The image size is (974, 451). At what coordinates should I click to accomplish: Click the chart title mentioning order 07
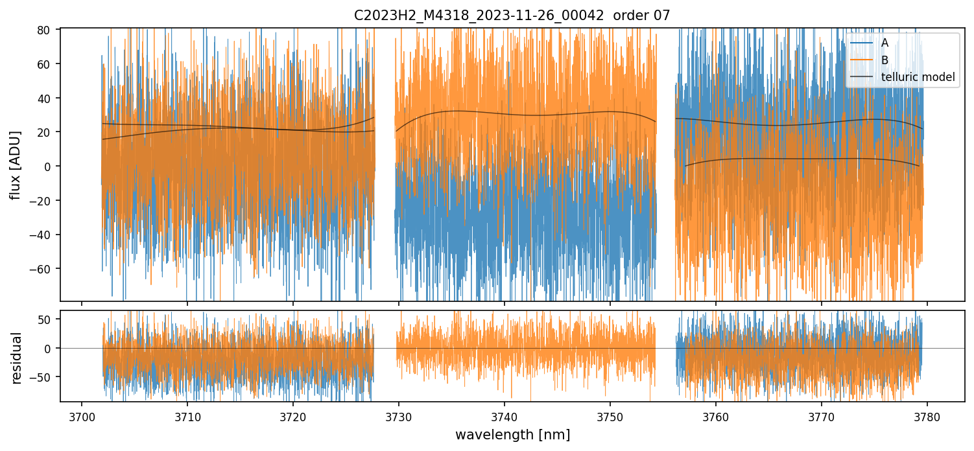[x=512, y=15]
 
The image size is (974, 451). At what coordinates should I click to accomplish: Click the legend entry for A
[x=885, y=43]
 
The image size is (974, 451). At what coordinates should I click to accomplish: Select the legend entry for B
[x=885, y=60]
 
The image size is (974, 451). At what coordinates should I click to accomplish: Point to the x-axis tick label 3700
[x=82, y=415]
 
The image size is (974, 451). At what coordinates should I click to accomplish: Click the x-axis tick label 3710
[x=187, y=415]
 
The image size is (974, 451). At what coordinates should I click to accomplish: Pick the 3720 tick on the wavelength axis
[x=293, y=415]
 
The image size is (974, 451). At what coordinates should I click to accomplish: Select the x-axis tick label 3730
[x=399, y=415]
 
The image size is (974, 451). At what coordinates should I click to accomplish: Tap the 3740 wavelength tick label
[x=505, y=415]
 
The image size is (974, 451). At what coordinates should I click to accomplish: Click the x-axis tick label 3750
[x=610, y=415]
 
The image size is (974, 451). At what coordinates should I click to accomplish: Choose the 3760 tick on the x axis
[x=716, y=415]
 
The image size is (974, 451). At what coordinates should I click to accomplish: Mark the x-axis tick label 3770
[x=822, y=415]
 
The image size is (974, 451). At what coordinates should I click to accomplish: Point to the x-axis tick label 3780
[x=927, y=415]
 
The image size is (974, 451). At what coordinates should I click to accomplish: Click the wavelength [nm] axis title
[x=512, y=434]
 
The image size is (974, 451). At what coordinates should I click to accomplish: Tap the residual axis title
[x=17, y=358]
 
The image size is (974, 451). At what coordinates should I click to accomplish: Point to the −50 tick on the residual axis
[x=43, y=376]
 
